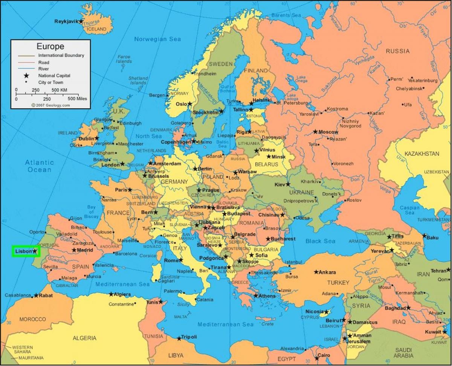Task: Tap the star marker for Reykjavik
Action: (81, 21)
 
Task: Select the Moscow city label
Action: (328, 132)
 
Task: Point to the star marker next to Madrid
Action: (74, 250)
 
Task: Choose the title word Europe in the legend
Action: (50, 47)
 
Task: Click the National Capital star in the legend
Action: (26, 76)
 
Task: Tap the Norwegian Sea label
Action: (157, 39)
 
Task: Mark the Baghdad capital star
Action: (408, 308)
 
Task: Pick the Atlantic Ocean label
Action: (39, 166)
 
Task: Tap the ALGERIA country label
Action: (84, 338)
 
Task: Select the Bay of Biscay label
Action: (91, 212)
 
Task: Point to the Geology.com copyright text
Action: (50, 105)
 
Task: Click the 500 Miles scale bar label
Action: (77, 99)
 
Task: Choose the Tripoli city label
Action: (189, 337)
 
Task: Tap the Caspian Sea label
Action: (409, 210)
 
